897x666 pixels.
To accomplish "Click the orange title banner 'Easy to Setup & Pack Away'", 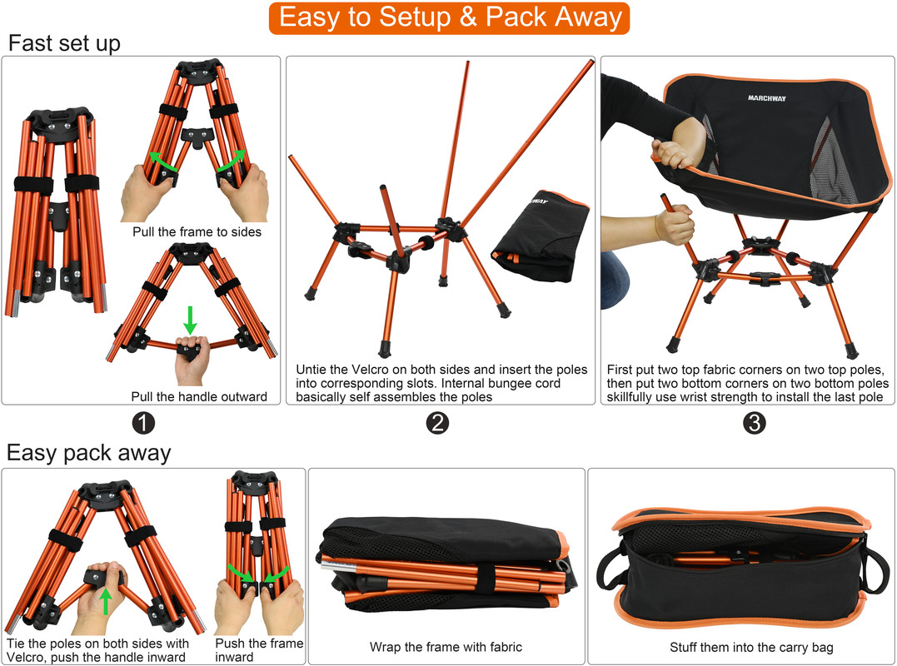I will pos(450,17).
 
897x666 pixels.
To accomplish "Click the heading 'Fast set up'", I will pos(64,43).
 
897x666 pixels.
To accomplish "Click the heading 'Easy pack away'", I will pos(88,453).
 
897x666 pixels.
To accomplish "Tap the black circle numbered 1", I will pos(143,423).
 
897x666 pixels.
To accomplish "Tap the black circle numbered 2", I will pos(438,423).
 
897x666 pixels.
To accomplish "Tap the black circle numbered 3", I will pos(754,423).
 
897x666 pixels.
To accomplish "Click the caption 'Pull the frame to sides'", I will pos(197,232).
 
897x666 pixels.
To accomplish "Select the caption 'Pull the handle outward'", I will pos(199,396).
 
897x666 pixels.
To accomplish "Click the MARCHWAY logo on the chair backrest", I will pos(766,98).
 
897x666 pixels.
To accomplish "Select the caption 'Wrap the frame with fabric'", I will pos(446,647).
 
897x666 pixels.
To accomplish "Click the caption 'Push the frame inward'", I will pos(259,650).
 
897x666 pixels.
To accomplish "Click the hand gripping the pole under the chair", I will pos(673,224).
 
